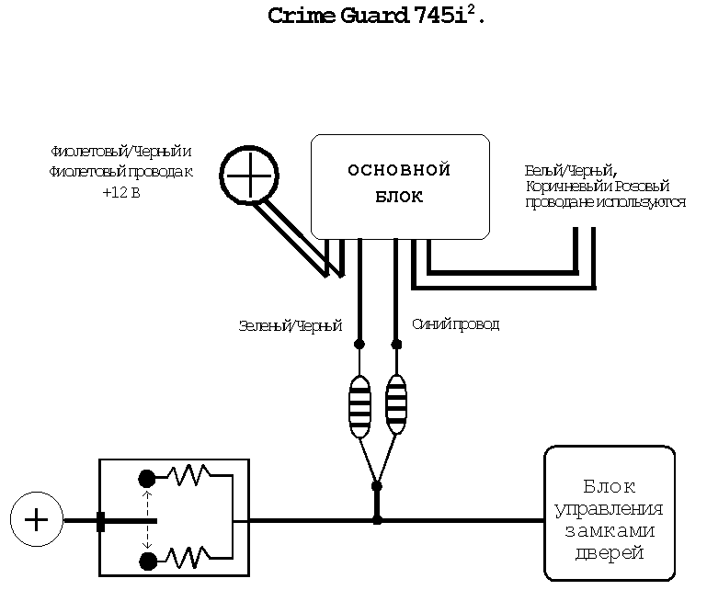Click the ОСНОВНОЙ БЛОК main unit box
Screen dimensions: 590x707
point(399,185)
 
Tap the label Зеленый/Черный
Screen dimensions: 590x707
point(290,325)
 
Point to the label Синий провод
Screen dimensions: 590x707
point(456,324)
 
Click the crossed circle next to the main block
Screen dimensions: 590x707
point(250,172)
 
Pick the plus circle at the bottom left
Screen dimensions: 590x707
point(36,519)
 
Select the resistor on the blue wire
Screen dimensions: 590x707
point(396,405)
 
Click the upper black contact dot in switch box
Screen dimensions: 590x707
point(145,478)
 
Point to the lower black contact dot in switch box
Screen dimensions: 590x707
point(145,560)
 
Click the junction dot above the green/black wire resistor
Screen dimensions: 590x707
point(359,345)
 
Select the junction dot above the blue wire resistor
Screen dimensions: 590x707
point(397,345)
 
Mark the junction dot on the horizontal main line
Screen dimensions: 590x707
point(376,520)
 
